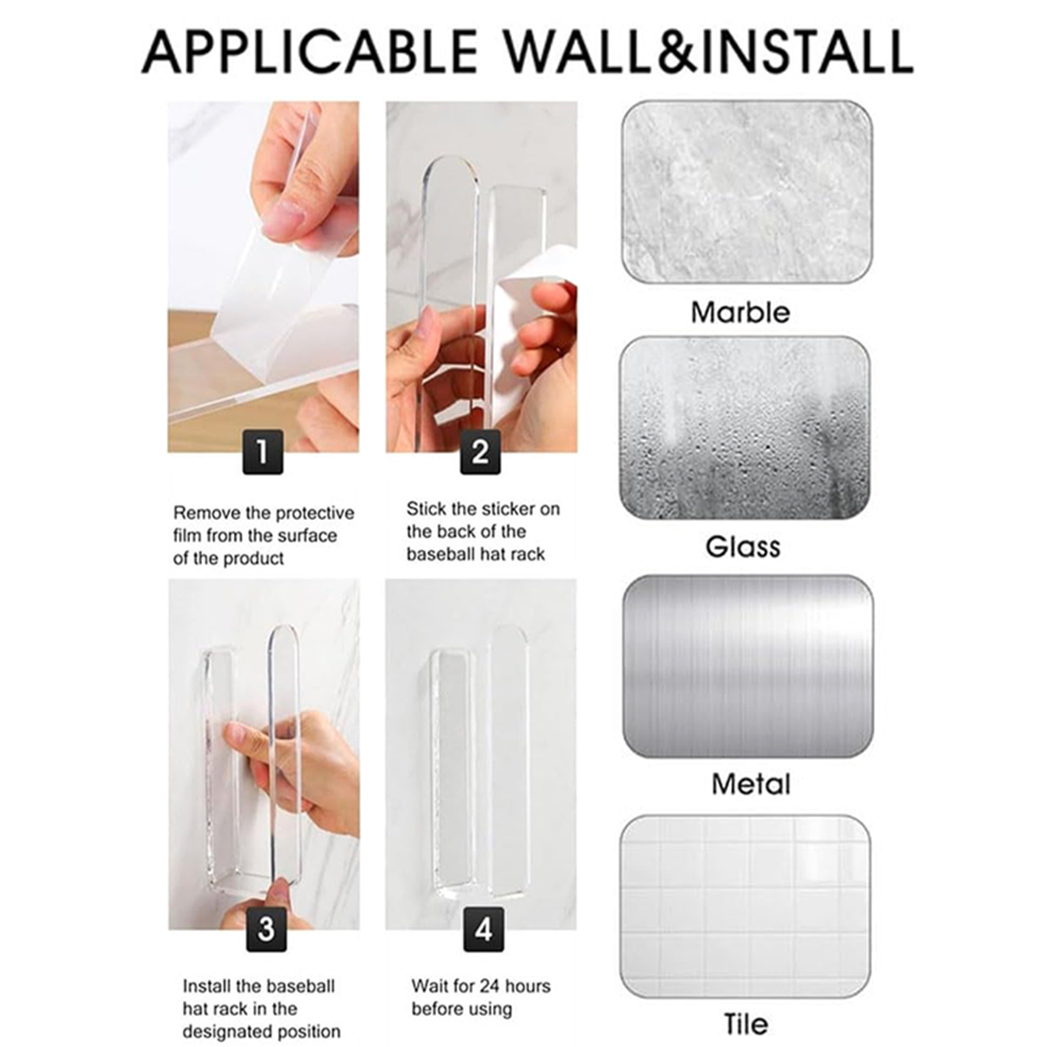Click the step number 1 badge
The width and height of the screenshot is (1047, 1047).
click(263, 452)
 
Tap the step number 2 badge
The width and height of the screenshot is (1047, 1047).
click(480, 452)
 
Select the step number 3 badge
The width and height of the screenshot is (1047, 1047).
click(266, 929)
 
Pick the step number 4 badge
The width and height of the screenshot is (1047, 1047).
click(484, 929)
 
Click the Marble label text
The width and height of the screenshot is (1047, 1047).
click(741, 312)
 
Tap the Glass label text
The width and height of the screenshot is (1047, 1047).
click(743, 546)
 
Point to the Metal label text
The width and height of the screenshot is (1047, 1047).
click(751, 784)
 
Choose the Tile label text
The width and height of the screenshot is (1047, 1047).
click(746, 1023)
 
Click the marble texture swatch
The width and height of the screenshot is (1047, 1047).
click(747, 192)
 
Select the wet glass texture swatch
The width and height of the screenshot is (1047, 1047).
click(745, 428)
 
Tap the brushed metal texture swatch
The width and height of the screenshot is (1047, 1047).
click(748, 666)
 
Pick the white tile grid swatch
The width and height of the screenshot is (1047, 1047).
click(745, 906)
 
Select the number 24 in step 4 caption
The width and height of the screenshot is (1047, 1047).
click(490, 985)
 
